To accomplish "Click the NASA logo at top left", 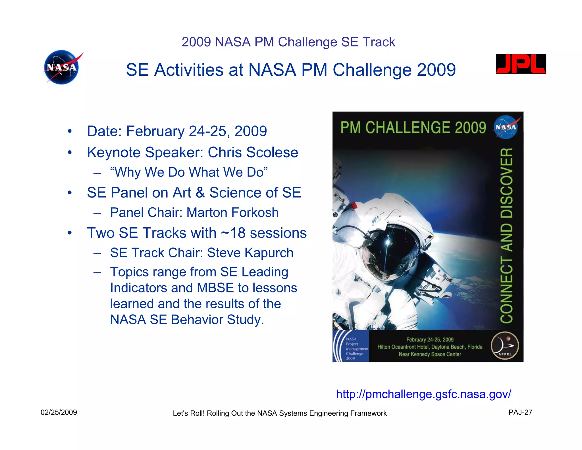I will pyautogui.click(x=62, y=67).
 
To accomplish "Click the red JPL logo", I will pyautogui.click(x=521, y=64).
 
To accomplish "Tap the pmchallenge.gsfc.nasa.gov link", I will pyautogui.click(x=423, y=394).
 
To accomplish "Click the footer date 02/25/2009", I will pyautogui.click(x=59, y=412).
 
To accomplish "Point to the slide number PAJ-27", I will pyautogui.click(x=520, y=412).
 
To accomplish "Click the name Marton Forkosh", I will pyautogui.click(x=232, y=212).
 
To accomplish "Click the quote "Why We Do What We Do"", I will pyautogui.click(x=189, y=172).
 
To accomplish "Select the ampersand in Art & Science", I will pyautogui.click(x=200, y=193).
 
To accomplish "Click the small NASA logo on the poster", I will pyautogui.click(x=506, y=127).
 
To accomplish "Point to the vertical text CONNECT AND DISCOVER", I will pyautogui.click(x=506, y=235).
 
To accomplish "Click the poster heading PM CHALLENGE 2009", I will pyautogui.click(x=413, y=127).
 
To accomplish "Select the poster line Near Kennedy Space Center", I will pyautogui.click(x=430, y=354).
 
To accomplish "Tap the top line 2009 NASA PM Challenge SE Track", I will pyautogui.click(x=288, y=42).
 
